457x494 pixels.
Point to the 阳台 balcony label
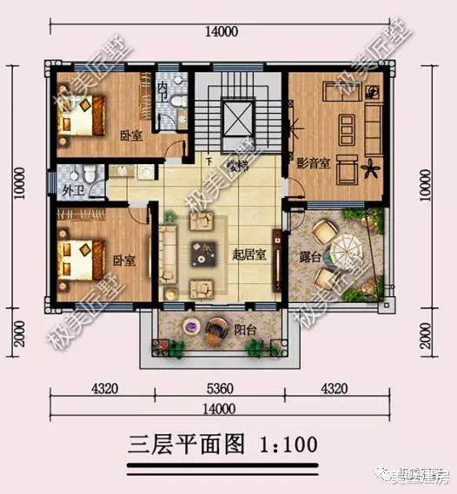[x=244, y=329]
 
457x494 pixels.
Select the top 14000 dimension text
[x=221, y=32]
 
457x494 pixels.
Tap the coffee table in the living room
[x=206, y=253]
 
